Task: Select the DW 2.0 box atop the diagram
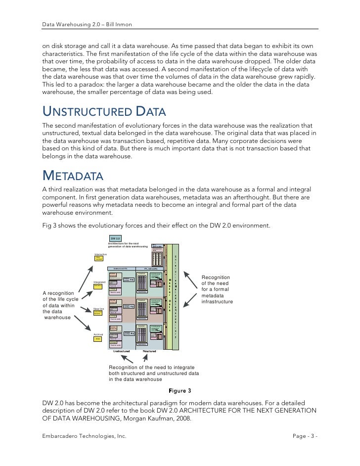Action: pos(115,238)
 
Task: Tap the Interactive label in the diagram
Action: pos(100,254)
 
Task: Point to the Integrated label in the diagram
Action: pos(99,282)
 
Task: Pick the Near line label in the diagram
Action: pos(99,309)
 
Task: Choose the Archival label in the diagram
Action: pos(98,334)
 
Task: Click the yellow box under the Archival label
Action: pos(98,339)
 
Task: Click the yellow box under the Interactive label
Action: pos(99,259)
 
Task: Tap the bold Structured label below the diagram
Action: pos(150,352)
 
